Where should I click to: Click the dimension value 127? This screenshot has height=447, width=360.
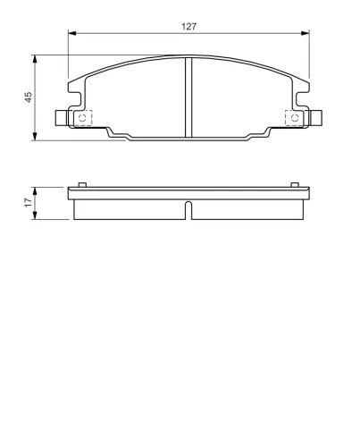pos(188,27)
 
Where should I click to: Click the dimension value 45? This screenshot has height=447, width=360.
pos(28,96)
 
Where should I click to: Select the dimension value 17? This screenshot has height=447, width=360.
pos(28,203)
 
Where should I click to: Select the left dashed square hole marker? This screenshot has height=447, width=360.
pos(83,117)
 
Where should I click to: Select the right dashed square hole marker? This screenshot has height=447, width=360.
pos(292,117)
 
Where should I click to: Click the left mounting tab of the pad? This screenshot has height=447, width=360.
pos(62,117)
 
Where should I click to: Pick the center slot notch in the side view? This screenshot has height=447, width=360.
pos(188,210)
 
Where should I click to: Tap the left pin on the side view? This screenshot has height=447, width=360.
pos(82,185)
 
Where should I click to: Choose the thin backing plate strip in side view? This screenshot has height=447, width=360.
pos(188,192)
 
